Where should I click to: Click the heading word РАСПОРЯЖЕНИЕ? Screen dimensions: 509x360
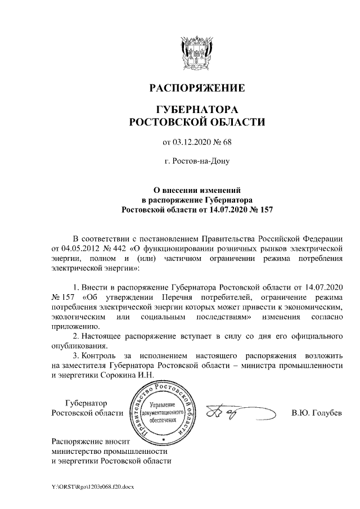click(197, 89)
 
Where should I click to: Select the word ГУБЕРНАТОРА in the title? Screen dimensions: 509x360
click(197, 109)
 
